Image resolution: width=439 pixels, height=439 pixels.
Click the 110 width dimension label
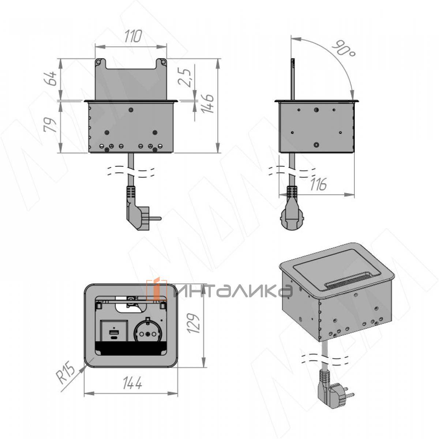[x=133, y=36]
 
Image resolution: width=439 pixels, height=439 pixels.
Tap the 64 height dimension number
[x=50, y=79]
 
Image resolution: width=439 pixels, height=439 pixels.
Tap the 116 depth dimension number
[x=318, y=184]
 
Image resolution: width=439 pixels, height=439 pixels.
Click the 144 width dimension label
[x=132, y=383]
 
